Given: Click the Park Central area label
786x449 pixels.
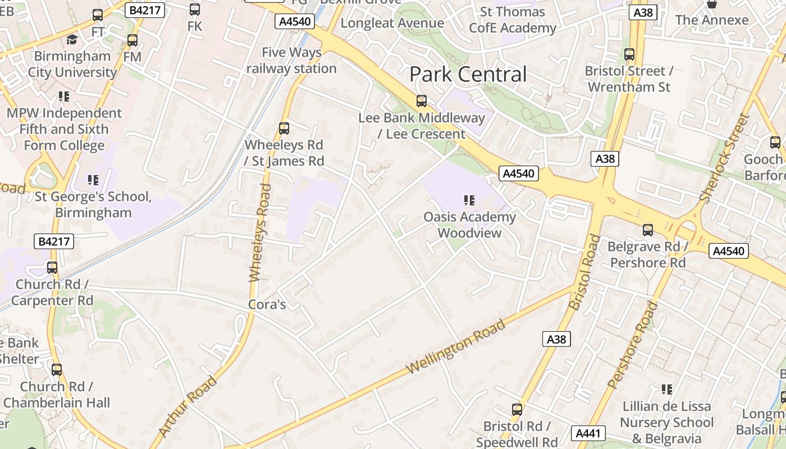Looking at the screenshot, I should [468, 74].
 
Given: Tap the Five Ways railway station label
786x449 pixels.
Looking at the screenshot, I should [291, 61].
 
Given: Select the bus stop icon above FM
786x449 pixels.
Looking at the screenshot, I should [132, 40].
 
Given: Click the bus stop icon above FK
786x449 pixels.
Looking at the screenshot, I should [195, 10].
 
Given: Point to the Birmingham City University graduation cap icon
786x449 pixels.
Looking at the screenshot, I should [72, 39].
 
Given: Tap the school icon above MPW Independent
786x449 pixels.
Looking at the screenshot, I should [64, 97].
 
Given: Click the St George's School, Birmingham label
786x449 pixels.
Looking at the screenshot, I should [93, 205].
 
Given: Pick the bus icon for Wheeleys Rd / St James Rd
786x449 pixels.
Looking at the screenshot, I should [284, 129].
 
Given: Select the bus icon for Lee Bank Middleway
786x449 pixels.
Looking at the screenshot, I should [422, 101].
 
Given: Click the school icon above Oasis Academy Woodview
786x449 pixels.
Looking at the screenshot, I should [469, 200].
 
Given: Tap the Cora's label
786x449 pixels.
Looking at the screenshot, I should [267, 305].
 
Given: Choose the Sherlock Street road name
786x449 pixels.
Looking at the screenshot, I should [725, 158].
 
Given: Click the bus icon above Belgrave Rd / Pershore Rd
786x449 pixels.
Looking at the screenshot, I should [648, 230].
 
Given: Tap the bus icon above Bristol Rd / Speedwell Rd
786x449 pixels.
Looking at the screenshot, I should [517, 410].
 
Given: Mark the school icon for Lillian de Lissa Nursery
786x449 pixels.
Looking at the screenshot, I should [667, 390].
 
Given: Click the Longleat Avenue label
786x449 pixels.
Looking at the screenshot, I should [392, 23].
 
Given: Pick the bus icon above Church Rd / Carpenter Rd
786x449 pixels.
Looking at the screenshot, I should [52, 268].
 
